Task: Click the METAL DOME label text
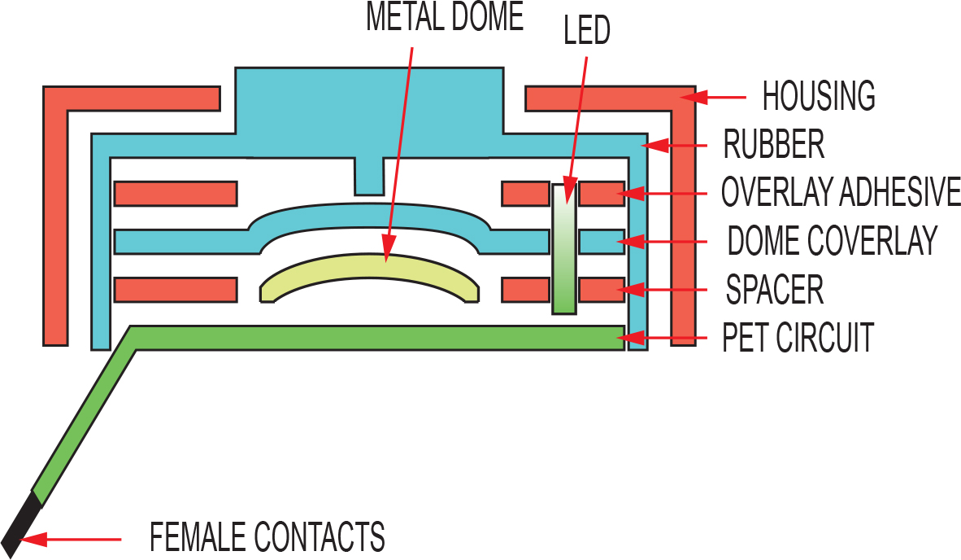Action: point(445,17)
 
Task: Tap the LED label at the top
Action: point(586,31)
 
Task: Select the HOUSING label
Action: point(818,96)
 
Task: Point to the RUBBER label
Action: point(773,144)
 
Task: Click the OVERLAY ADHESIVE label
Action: point(841,192)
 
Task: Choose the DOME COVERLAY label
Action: point(833,240)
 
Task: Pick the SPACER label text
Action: point(775,290)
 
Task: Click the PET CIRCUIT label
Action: point(798,337)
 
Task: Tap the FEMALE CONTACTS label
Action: point(267,537)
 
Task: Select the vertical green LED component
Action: point(564,248)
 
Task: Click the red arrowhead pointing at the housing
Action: point(694,97)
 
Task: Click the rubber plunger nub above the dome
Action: point(370,177)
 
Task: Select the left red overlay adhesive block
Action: point(176,194)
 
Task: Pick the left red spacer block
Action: point(176,290)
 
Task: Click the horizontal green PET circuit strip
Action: point(377,338)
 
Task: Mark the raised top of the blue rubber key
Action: point(370,100)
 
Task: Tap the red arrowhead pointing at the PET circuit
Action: point(631,338)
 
